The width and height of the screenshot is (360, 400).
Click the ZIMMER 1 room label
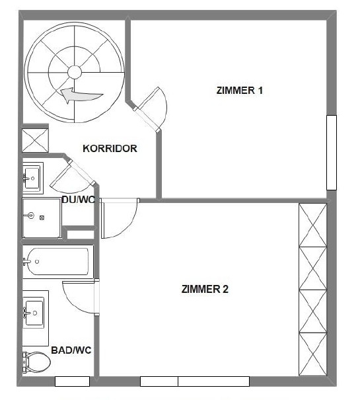point(240,91)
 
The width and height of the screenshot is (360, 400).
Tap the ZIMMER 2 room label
point(205,289)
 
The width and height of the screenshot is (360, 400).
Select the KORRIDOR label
point(110,148)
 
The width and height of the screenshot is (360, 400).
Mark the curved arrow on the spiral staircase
point(81,97)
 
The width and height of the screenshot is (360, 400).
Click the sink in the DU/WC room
point(32,177)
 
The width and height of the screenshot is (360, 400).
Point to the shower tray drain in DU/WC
point(41,216)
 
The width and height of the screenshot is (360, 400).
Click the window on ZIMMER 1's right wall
point(332,153)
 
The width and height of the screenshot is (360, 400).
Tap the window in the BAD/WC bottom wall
point(72,381)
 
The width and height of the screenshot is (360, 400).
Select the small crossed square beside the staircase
point(33,140)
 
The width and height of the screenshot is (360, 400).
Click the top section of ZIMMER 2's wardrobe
point(313,225)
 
